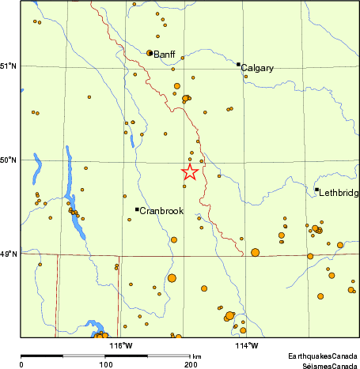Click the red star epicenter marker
pyautogui.click(x=190, y=172)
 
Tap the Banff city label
pyautogui.click(x=165, y=55)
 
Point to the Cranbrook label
pyautogui.click(x=161, y=211)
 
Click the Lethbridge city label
pyautogui.click(x=339, y=193)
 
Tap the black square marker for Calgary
pyautogui.click(x=238, y=64)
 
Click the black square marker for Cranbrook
pyautogui.click(x=137, y=209)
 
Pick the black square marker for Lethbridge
pyautogui.click(x=316, y=190)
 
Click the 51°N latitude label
pyautogui.click(x=9, y=66)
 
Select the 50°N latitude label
pyautogui.click(x=9, y=160)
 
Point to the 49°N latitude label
pyautogui.click(x=9, y=254)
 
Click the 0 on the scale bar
pyautogui.click(x=21, y=365)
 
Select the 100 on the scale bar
pyautogui.click(x=105, y=365)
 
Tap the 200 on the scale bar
pyautogui.click(x=191, y=365)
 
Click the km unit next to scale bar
pyautogui.click(x=196, y=357)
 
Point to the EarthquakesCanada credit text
pyautogui.click(x=321, y=357)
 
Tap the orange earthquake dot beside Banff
pyautogui.click(x=150, y=53)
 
